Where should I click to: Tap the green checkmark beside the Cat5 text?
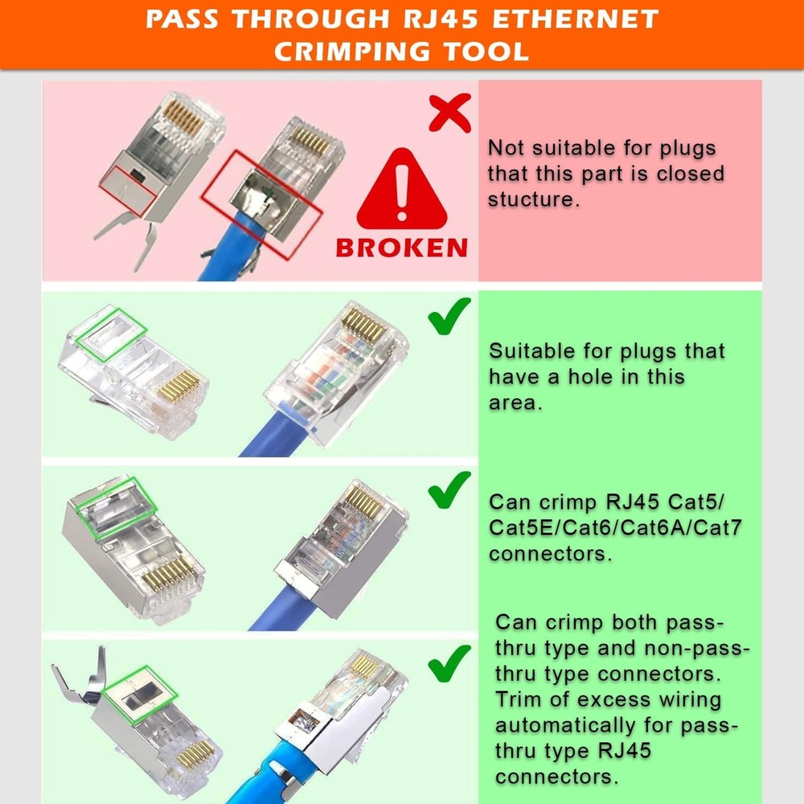449,490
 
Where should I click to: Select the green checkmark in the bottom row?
449,662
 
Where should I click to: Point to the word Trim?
518,699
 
